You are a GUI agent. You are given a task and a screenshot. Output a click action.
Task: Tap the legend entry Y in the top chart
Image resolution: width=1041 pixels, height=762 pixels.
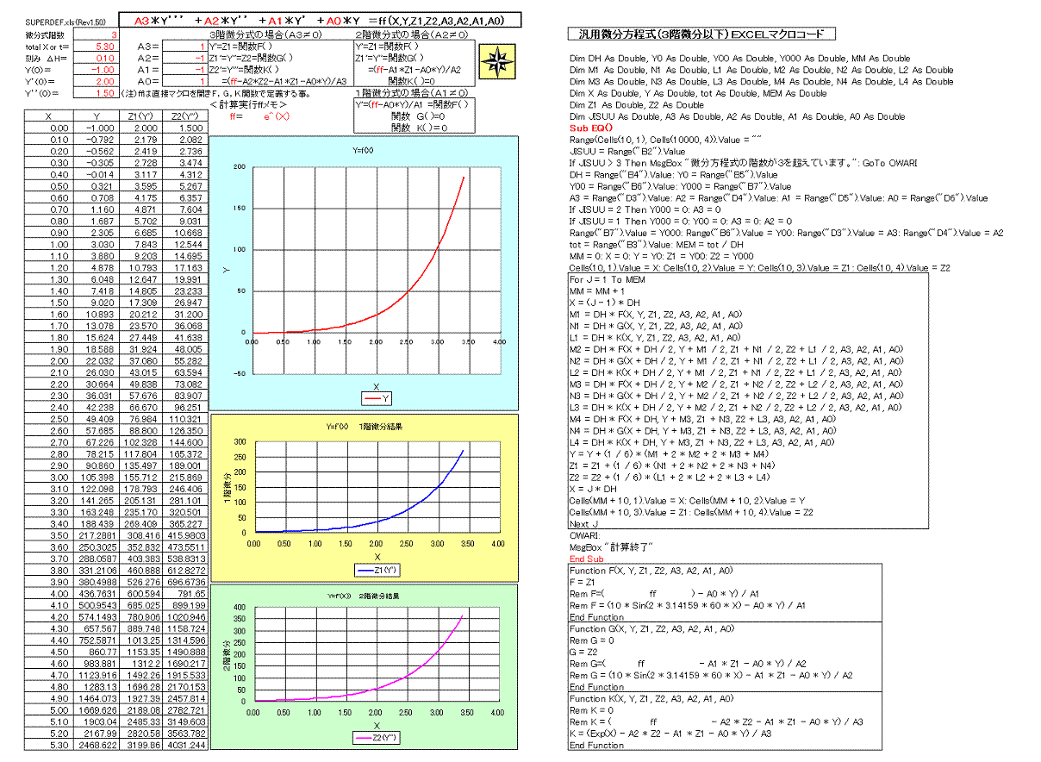[377, 397]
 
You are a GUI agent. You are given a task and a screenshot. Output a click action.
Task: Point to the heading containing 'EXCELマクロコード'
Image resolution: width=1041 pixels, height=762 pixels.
[701, 34]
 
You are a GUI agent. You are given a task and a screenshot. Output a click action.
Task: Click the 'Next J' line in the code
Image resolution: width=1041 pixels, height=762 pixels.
[583, 523]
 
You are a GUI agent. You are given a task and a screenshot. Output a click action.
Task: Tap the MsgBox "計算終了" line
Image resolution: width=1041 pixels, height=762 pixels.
[612, 547]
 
